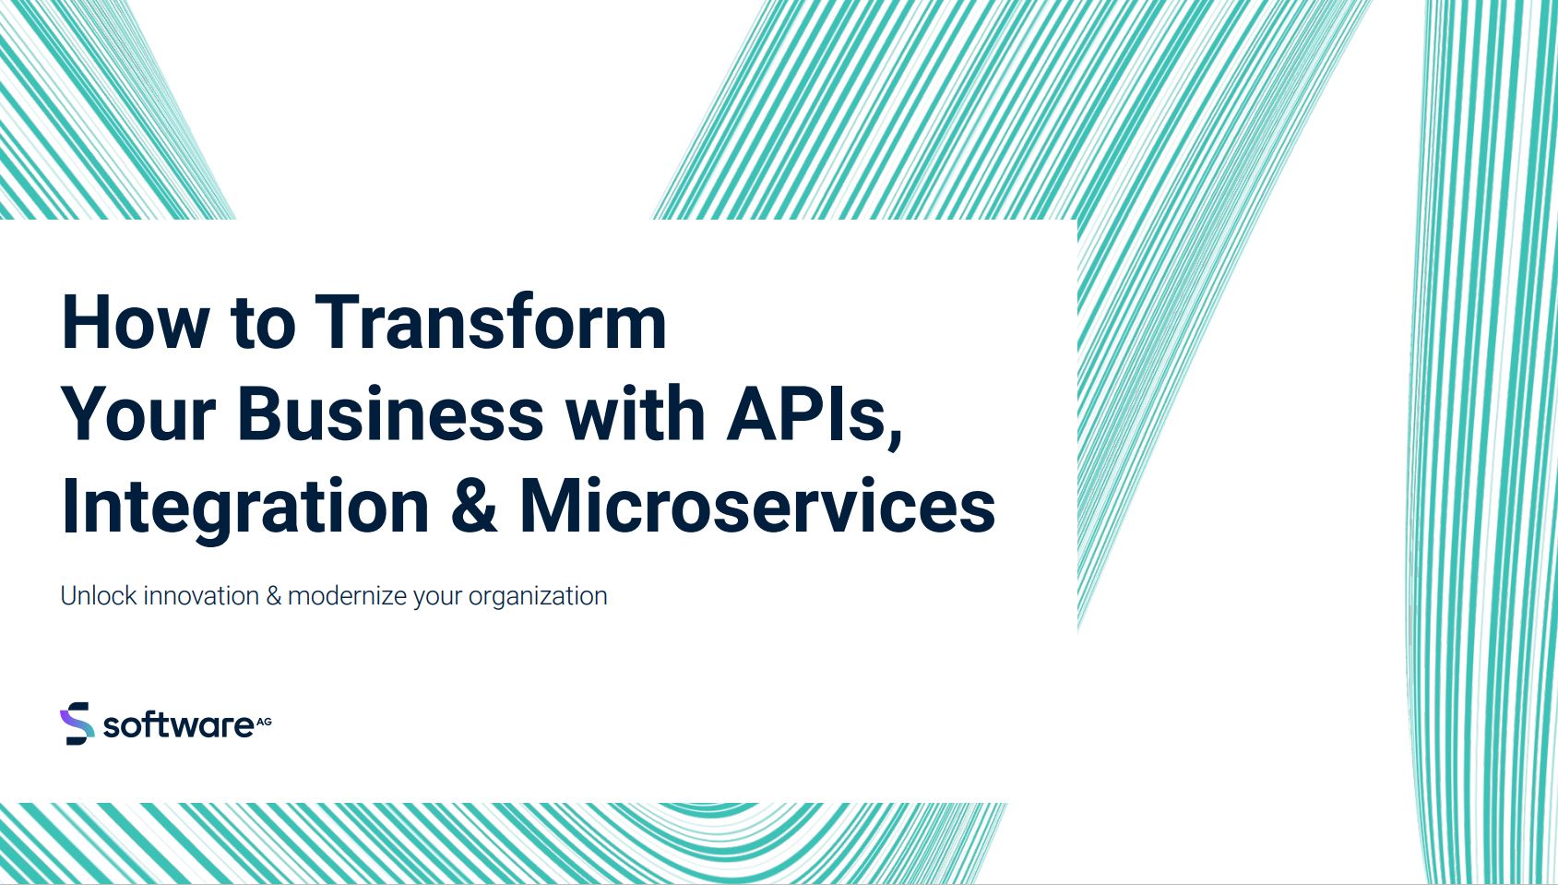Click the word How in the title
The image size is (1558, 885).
pos(136,322)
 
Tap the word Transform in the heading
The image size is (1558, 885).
pos(491,321)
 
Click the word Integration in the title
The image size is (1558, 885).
pos(245,508)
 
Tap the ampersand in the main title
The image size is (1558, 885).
pos(474,507)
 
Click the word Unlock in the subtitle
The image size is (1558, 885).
pos(99,595)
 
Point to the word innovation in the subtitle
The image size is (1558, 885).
pos(201,595)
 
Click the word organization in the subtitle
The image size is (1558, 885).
pos(538,597)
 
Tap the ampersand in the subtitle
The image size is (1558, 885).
pos(273,596)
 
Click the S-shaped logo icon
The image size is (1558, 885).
pos(77,724)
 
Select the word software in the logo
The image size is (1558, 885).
pos(178,725)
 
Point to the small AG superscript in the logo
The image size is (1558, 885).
pos(264,722)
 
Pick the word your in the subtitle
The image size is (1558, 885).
pos(437,598)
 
